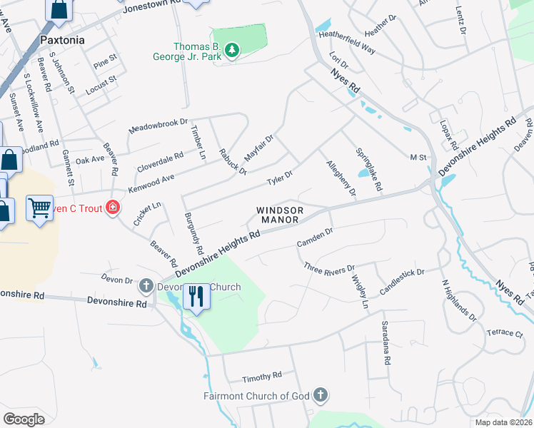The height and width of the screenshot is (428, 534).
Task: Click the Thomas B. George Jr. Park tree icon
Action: pyautogui.click(x=231, y=50)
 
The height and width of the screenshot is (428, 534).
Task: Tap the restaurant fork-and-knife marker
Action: pyautogui.click(x=196, y=295)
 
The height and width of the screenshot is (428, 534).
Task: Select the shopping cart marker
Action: pyautogui.click(x=39, y=209)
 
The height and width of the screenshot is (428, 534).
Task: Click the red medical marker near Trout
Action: pyautogui.click(x=112, y=208)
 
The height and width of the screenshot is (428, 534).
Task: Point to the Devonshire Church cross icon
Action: pyautogui.click(x=146, y=287)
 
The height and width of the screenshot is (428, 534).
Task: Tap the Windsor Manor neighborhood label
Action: pyautogui.click(x=281, y=215)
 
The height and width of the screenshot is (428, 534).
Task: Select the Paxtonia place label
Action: pyautogui.click(x=61, y=40)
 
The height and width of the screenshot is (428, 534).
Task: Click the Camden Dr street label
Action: pyautogui.click(x=315, y=238)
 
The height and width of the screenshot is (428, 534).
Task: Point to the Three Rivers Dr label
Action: pyautogui.click(x=329, y=269)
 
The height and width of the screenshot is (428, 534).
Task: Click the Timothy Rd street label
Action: pyautogui.click(x=262, y=376)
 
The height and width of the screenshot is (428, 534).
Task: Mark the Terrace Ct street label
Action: pyautogui.click(x=505, y=333)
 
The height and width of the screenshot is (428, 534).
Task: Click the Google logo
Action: pyautogui.click(x=24, y=419)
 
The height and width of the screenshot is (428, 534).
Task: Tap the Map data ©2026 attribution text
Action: pyautogui.click(x=503, y=422)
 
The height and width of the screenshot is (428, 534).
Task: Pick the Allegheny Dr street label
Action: pyautogui.click(x=341, y=178)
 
